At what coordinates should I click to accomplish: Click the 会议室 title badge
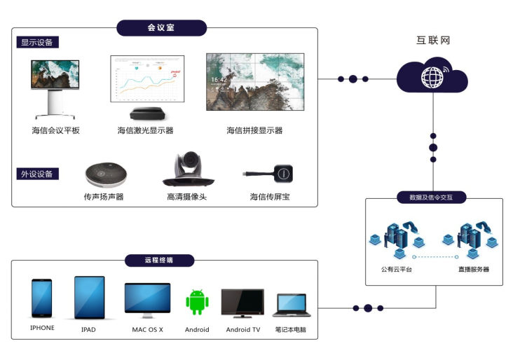161,28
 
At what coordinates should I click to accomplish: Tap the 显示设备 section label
38,42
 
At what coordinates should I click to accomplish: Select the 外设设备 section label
38,174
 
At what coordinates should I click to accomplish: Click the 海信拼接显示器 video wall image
254,82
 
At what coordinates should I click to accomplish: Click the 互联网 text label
432,41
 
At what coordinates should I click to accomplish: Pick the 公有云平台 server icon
395,242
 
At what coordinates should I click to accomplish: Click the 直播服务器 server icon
474,242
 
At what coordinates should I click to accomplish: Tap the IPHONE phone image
42,298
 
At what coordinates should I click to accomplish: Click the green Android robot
197,302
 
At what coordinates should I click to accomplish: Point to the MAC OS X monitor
147,299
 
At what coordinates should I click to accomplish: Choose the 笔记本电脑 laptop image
290,305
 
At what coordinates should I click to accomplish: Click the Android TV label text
242,330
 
